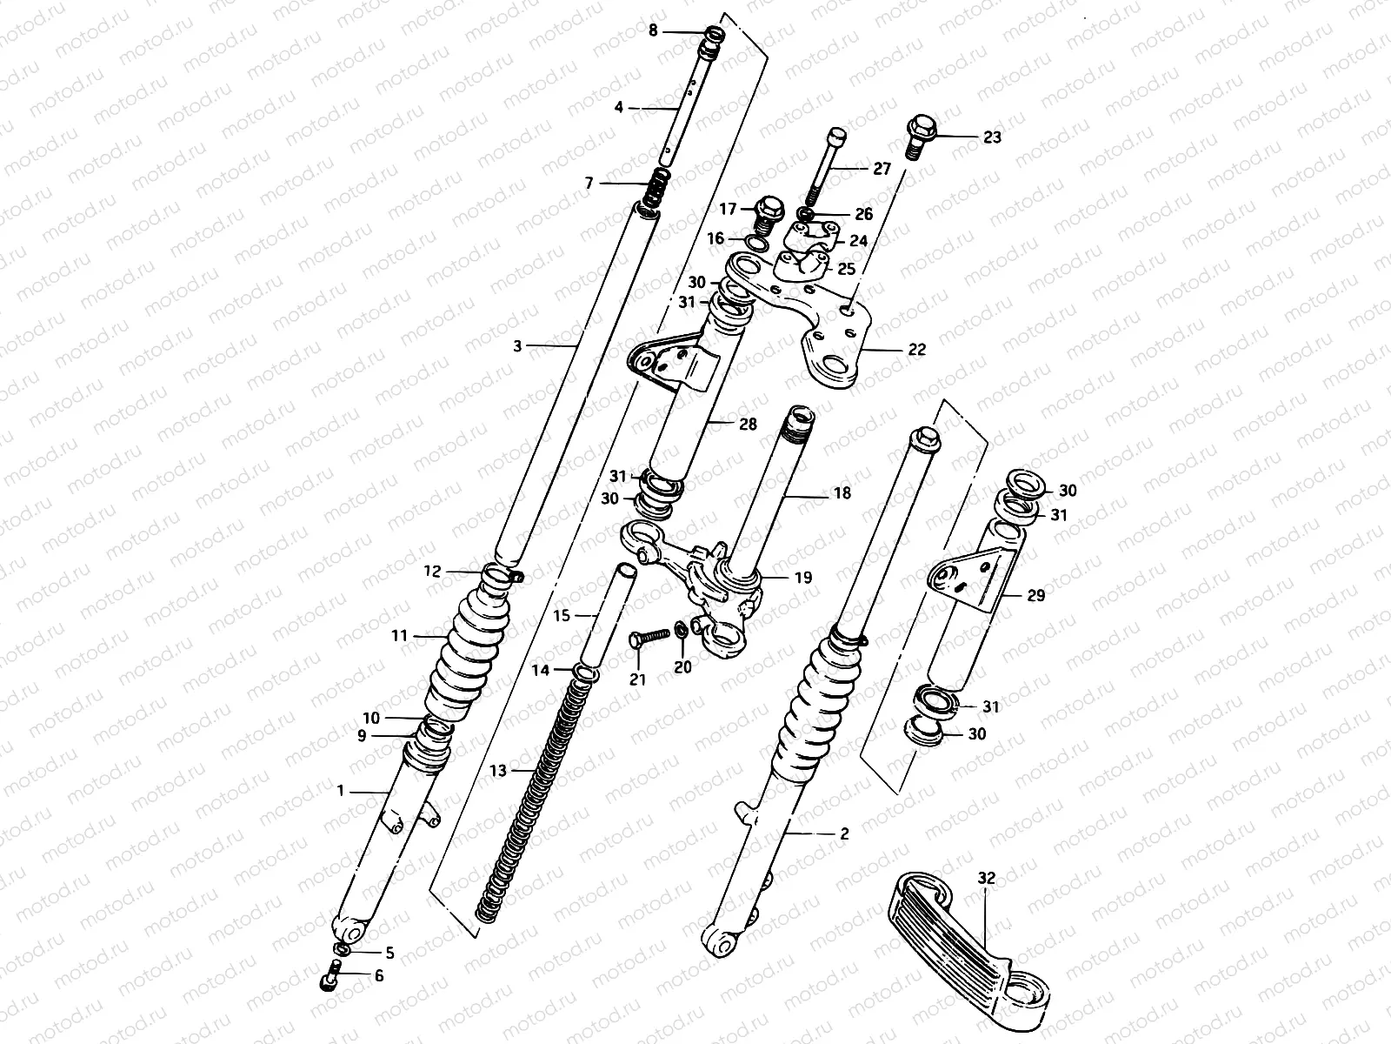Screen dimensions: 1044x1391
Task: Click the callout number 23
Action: [992, 137]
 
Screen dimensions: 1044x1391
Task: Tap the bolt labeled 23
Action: [920, 137]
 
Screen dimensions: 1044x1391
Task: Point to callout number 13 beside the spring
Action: [497, 770]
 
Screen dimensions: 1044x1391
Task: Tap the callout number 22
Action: [916, 350]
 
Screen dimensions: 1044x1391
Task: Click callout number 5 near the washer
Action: [389, 954]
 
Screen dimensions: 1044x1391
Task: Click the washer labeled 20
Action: [681, 628]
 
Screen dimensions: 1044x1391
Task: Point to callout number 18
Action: [842, 493]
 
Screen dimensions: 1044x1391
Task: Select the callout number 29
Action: [1035, 596]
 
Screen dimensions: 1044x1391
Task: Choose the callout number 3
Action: [517, 346]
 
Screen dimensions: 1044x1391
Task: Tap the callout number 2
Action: [844, 833]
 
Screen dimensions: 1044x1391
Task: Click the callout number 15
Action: [561, 616]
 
